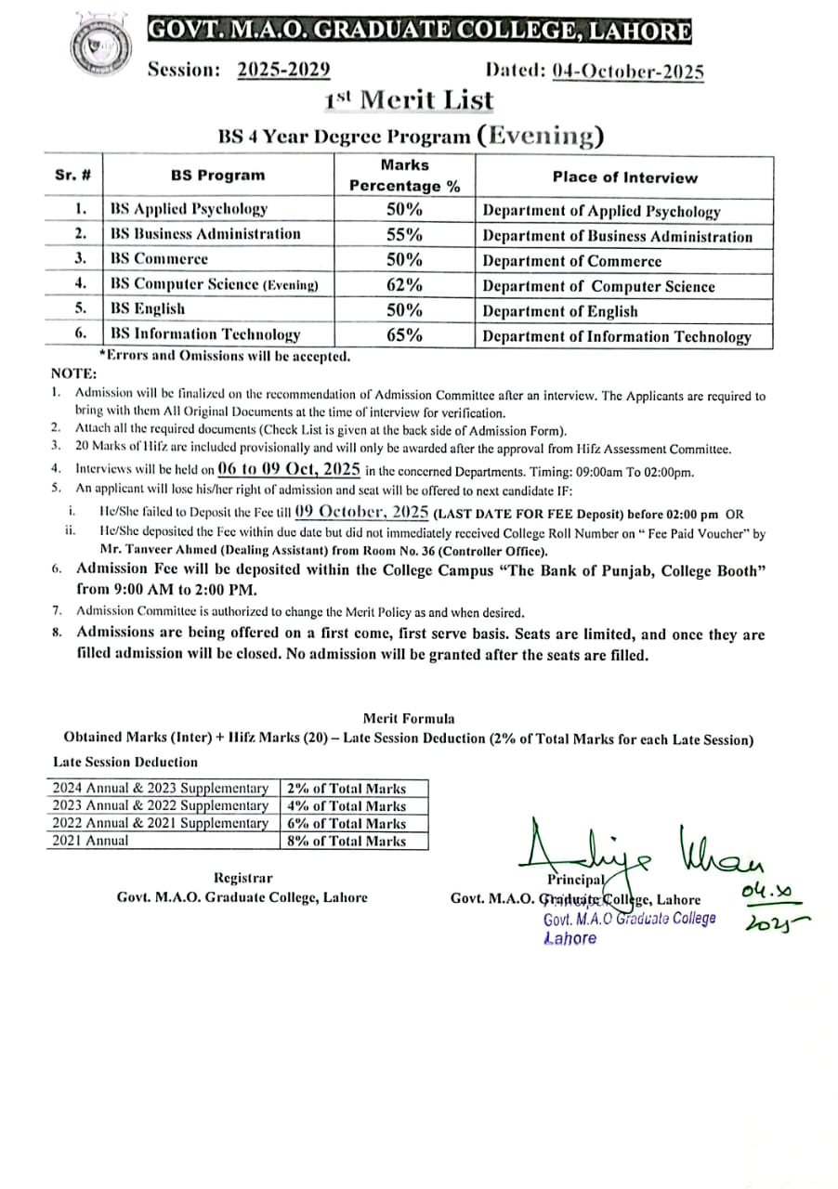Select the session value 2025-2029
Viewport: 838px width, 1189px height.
tap(284, 70)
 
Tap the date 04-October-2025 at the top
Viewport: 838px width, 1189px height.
tap(627, 72)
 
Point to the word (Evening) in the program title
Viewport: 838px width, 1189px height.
tap(540, 136)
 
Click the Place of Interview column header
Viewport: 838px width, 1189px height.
tap(624, 176)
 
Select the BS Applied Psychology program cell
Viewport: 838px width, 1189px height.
tap(189, 209)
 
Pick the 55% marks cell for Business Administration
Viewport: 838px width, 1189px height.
tap(404, 234)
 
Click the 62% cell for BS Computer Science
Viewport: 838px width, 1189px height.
tap(404, 284)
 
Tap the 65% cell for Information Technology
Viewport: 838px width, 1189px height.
tap(404, 334)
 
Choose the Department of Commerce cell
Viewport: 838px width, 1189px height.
tap(572, 262)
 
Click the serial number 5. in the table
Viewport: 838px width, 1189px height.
tap(82, 308)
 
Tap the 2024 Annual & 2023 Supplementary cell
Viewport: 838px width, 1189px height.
tap(160, 788)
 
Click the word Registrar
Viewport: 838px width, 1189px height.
tap(243, 878)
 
